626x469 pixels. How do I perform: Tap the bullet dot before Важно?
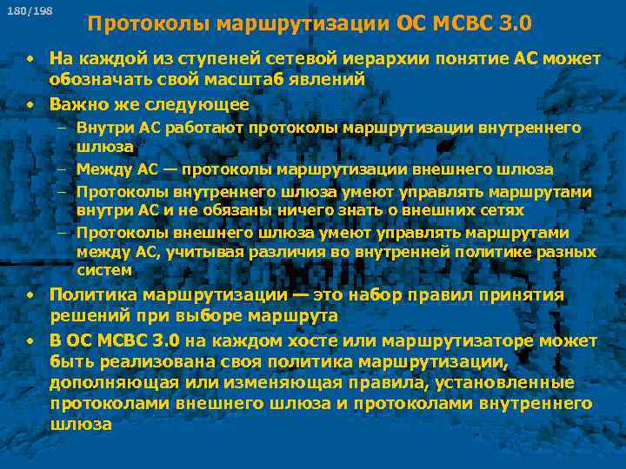(x=30, y=104)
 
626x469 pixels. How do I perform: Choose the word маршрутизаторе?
(x=454, y=339)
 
